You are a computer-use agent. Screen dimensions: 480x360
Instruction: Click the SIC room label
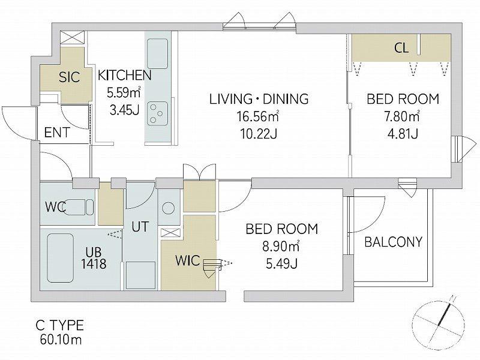[70, 77]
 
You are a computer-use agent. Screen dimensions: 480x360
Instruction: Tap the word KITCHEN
[125, 76]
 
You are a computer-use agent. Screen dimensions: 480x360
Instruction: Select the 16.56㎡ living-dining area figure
[257, 116]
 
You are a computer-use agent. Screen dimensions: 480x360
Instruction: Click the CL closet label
[401, 48]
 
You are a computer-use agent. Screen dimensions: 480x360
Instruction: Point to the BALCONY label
[394, 242]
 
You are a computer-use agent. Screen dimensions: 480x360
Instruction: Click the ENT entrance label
[57, 133]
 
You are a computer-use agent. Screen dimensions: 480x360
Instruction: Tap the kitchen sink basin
[157, 54]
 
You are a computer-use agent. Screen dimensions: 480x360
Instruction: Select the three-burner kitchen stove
[157, 113]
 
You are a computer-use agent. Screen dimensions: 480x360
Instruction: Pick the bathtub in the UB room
[61, 258]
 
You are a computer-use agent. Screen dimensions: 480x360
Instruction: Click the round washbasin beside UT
[168, 209]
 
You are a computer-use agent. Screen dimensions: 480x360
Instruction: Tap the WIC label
[188, 260]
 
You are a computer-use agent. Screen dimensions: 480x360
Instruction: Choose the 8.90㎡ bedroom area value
[281, 247]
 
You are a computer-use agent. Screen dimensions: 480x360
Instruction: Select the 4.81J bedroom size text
[403, 134]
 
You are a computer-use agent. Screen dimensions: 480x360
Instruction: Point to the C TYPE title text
[59, 325]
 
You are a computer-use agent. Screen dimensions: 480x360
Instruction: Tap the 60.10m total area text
[61, 340]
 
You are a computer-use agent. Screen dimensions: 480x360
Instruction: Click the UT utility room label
[140, 227]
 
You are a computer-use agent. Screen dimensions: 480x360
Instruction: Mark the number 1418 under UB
[94, 264]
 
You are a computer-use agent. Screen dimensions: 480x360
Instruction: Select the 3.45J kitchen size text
[125, 110]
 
